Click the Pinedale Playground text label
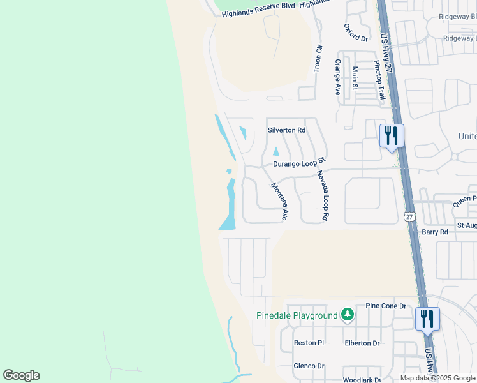point(297,315)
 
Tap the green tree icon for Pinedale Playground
point(347,314)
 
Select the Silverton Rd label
point(286,130)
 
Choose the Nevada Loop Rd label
point(321,195)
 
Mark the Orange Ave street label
point(338,77)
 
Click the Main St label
point(355,78)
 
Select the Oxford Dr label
point(356,33)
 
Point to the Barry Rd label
point(434,232)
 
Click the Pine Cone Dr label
point(386,306)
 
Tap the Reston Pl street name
point(309,343)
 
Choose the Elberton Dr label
point(362,343)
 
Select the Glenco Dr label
point(309,366)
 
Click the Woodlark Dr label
point(362,379)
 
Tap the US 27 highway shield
point(409,216)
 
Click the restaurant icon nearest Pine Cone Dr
point(427,319)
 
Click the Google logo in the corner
point(21,375)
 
